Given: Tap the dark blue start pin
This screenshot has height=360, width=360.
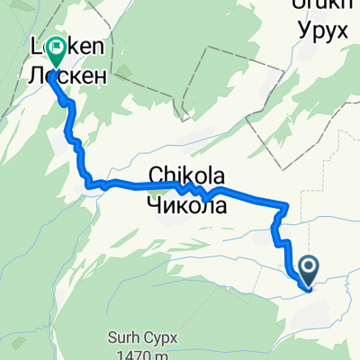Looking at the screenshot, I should tap(308, 268).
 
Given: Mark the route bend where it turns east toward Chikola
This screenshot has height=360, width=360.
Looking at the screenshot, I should tap(91, 185).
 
